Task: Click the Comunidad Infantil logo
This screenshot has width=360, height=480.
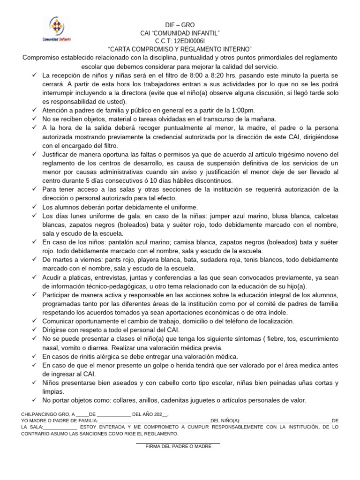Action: (57, 30)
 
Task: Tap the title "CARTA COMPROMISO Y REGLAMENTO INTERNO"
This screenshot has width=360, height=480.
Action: (180, 49)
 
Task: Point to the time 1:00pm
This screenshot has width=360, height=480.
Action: (244, 110)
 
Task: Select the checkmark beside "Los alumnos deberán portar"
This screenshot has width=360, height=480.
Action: (35, 207)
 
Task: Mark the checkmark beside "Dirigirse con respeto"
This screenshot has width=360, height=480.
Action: (35, 330)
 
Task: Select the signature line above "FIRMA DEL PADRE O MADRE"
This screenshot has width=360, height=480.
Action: (178, 443)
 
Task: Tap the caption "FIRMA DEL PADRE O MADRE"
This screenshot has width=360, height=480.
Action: (178, 447)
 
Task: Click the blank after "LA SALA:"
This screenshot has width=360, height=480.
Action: (60, 427)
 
